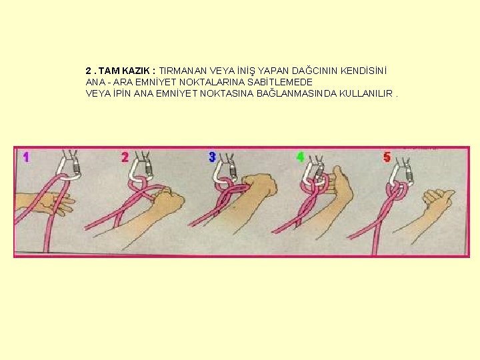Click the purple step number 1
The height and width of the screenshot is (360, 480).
[26, 157]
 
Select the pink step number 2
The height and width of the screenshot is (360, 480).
[125, 157]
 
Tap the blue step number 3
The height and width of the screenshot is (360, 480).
[213, 157]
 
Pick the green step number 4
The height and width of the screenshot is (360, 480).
[301, 157]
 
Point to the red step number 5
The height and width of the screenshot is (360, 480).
[387, 157]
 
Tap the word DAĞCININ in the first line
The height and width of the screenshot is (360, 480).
[315, 71]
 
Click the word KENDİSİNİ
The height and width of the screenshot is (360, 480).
[364, 71]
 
